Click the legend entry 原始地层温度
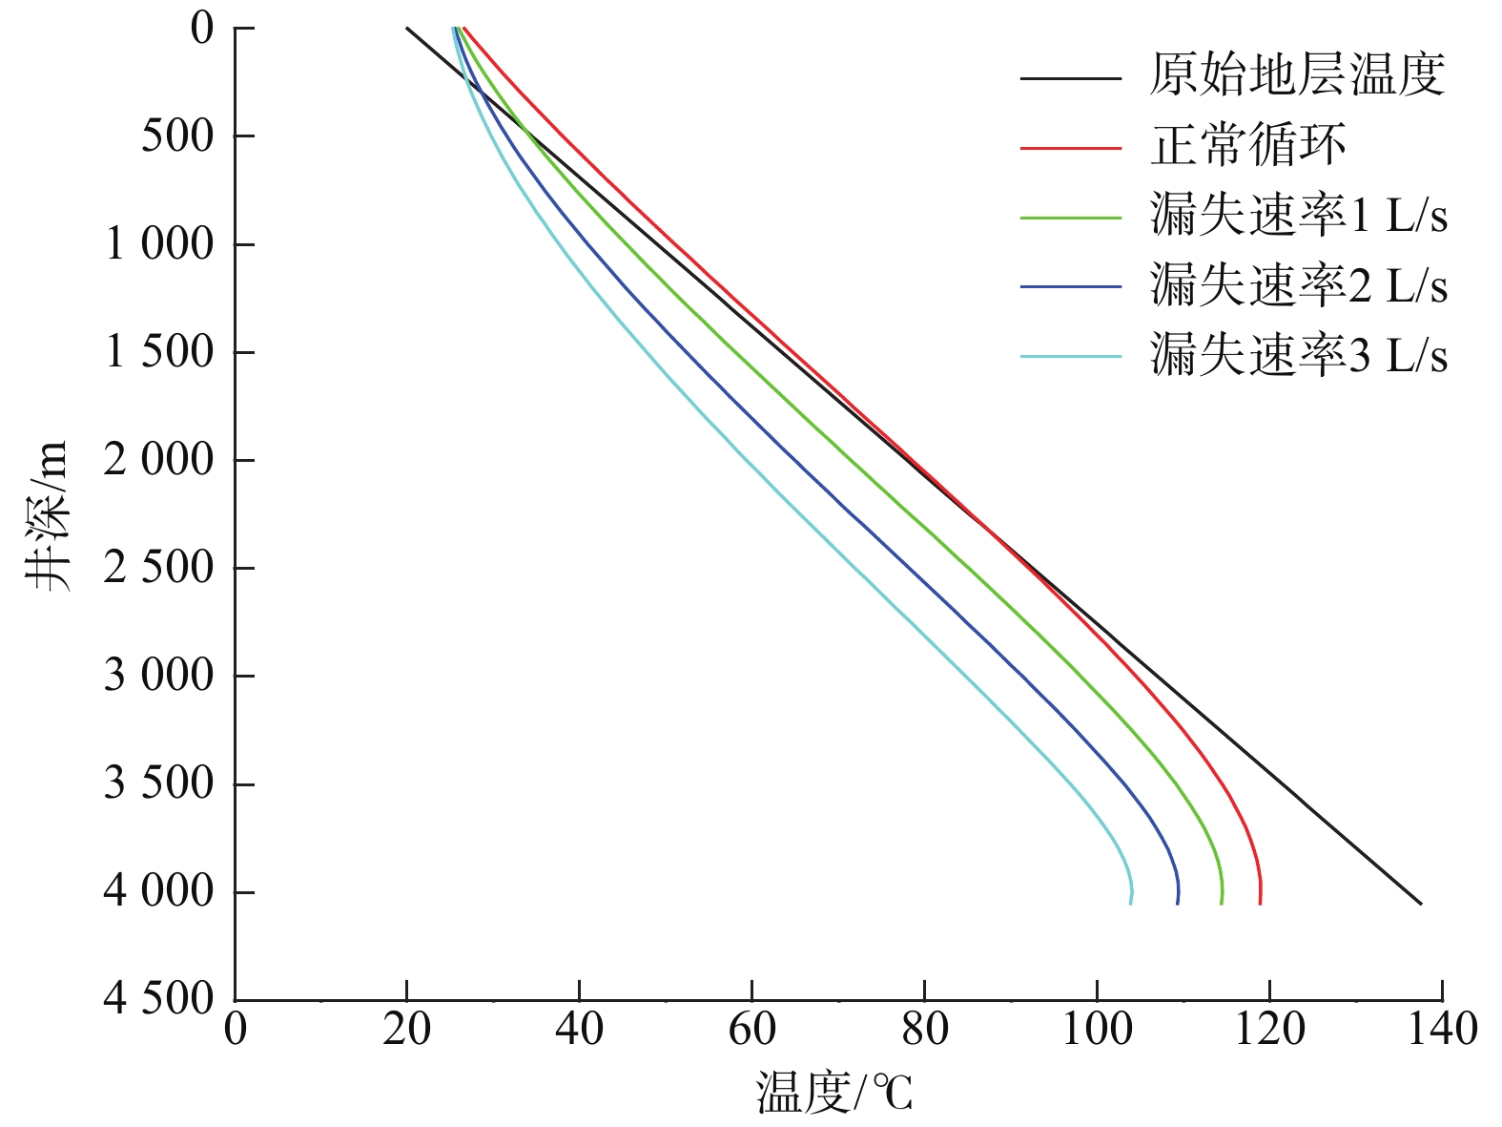[x=1297, y=75]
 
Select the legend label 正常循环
[x=1247, y=146]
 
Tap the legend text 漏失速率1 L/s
[x=1299, y=216]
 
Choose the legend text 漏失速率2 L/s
[x=1299, y=285]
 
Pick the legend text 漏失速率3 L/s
[x=1299, y=356]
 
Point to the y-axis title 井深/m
[x=48, y=515]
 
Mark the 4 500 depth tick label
[x=159, y=999]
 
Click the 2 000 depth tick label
[x=159, y=460]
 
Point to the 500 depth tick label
[x=178, y=136]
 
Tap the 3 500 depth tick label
[x=159, y=783]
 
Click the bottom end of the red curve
[x=1260, y=903]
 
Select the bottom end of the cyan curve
[x=1131, y=903]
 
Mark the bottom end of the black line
[x=1421, y=904]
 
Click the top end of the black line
[x=407, y=28]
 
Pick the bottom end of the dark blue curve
[x=1178, y=903]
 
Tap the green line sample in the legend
[x=1070, y=219]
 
